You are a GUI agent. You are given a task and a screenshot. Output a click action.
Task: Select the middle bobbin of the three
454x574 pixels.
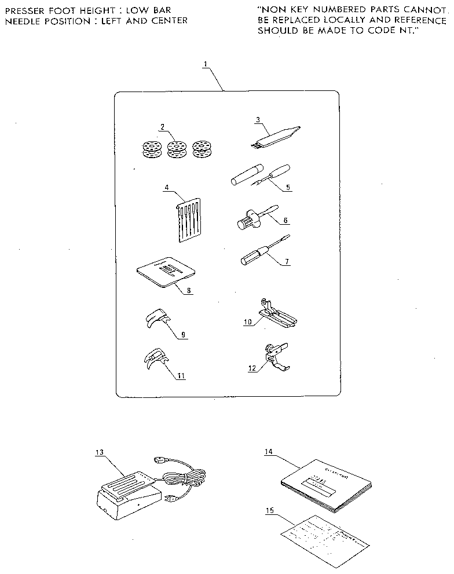click(x=175, y=149)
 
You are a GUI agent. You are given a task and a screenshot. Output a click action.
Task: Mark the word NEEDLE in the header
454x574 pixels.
click(x=21, y=21)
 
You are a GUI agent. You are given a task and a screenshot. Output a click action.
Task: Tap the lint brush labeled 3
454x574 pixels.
click(x=277, y=134)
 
